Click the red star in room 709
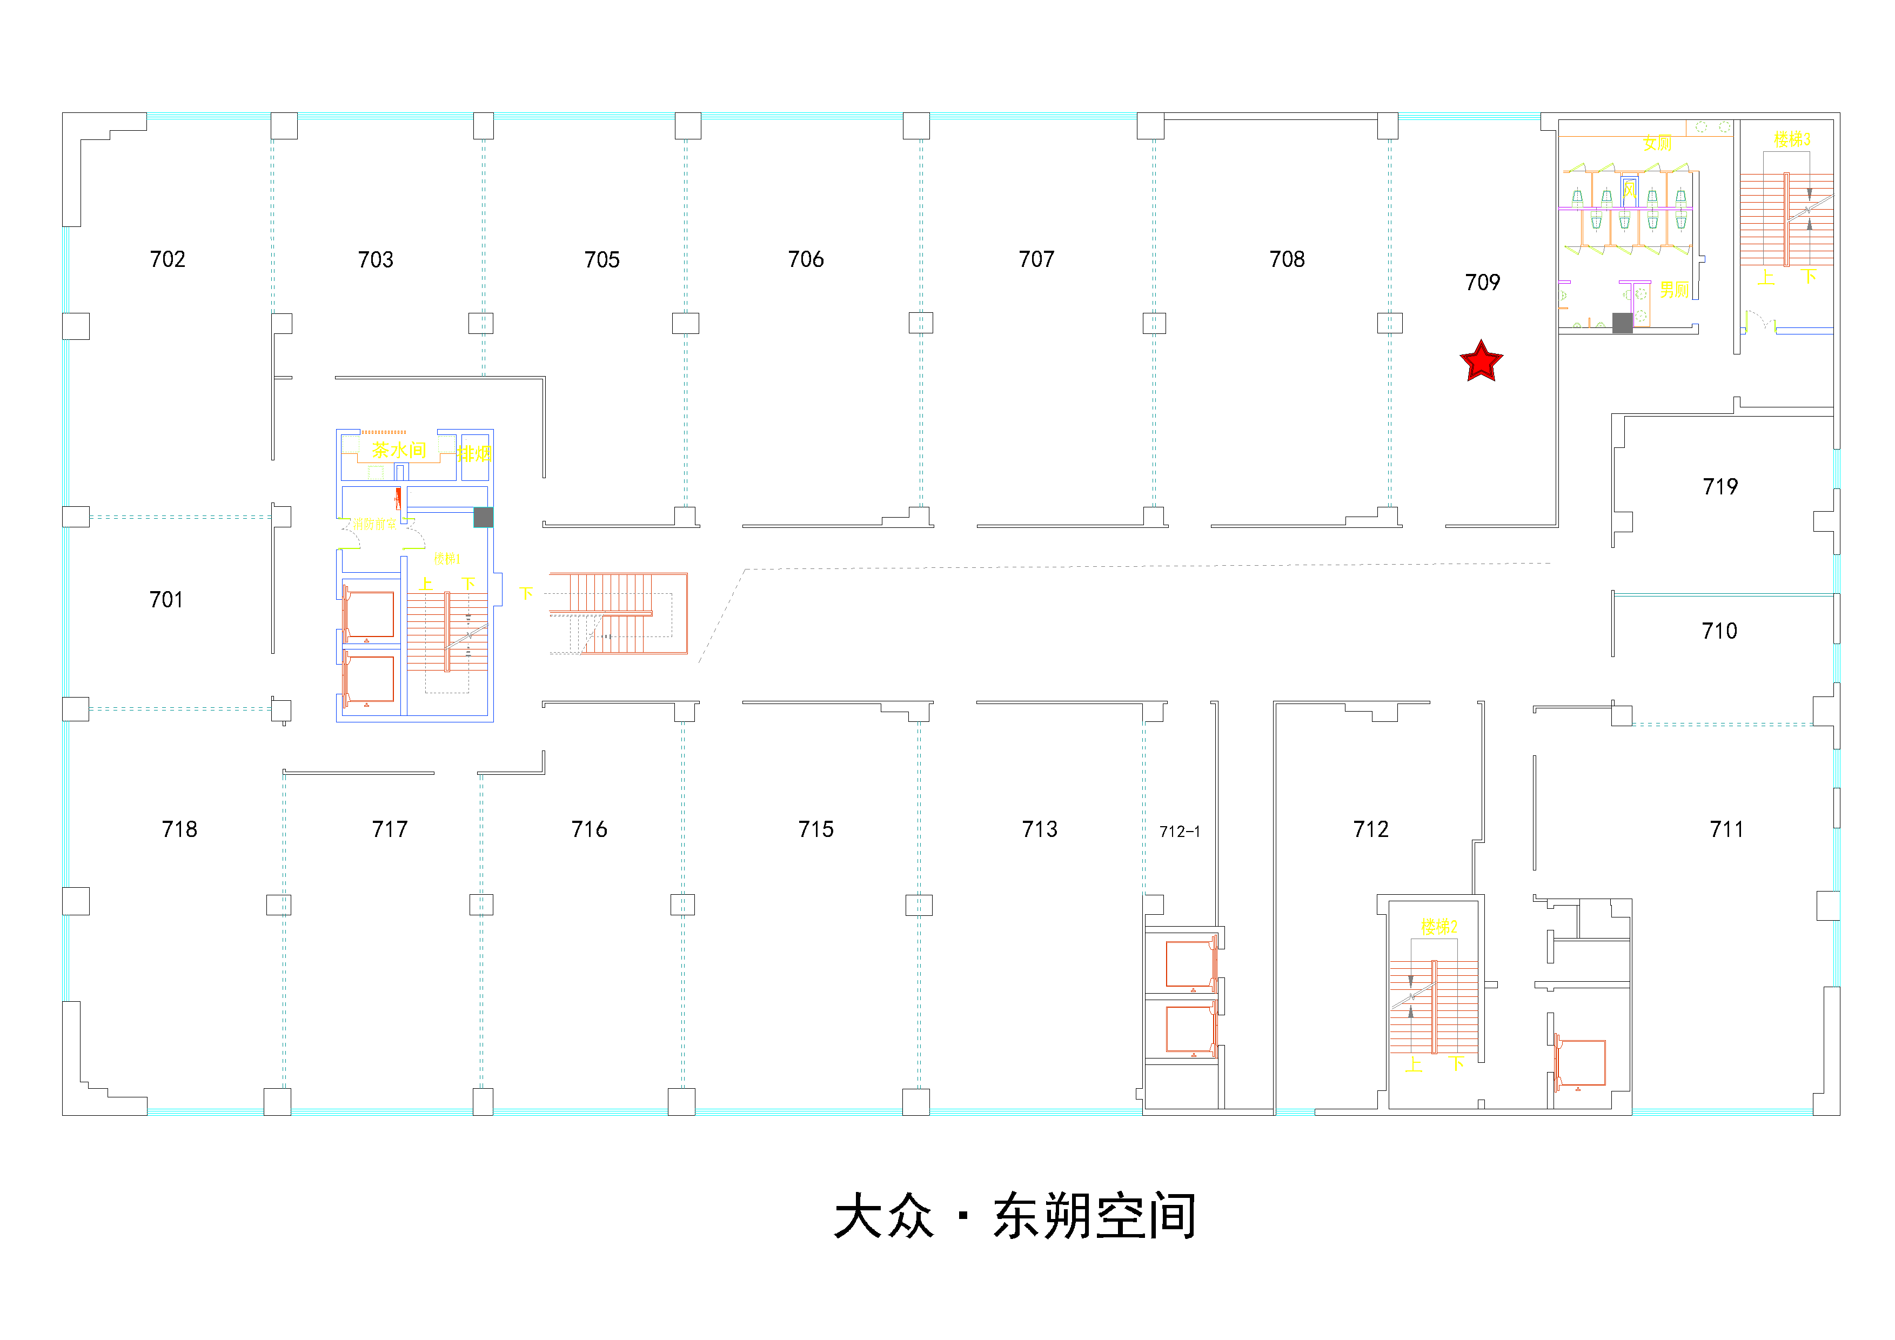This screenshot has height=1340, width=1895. pyautogui.click(x=1482, y=361)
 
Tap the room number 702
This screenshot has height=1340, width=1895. pyautogui.click(x=168, y=259)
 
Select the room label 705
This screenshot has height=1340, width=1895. pyautogui.click(x=602, y=260)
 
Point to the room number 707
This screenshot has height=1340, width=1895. pyautogui.click(x=1036, y=259)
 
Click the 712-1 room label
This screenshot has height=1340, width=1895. pyautogui.click(x=1180, y=832)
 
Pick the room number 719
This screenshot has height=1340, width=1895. pyautogui.click(x=1720, y=487)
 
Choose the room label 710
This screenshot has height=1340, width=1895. pyautogui.click(x=1719, y=631)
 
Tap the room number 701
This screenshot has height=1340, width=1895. pyautogui.click(x=166, y=600)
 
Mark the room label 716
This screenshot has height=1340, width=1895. pyautogui.click(x=590, y=829)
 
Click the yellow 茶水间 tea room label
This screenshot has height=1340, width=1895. pyautogui.click(x=399, y=450)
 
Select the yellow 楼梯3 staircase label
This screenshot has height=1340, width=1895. pyautogui.click(x=1792, y=139)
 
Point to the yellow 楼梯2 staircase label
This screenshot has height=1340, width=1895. pyautogui.click(x=1438, y=927)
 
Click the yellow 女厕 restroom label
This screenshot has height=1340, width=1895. pyautogui.click(x=1657, y=144)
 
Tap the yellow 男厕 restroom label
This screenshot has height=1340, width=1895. pyautogui.click(x=1674, y=290)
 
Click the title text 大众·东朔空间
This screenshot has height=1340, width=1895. pyautogui.click(x=1015, y=1215)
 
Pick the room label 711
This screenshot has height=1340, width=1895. pyautogui.click(x=1726, y=829)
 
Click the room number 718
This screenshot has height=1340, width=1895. pyautogui.click(x=180, y=829)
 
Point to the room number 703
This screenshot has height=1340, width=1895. pyautogui.click(x=376, y=260)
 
